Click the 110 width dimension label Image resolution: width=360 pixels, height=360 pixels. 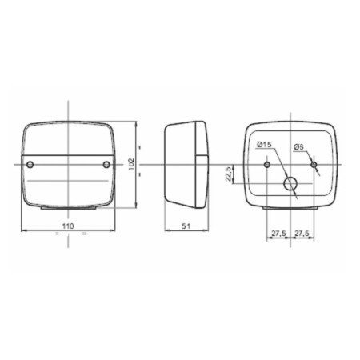68,226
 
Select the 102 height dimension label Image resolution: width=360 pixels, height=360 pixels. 132,165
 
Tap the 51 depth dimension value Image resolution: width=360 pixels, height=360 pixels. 186,226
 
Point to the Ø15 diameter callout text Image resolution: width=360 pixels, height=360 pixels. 264,145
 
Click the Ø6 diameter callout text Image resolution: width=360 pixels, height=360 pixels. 298,147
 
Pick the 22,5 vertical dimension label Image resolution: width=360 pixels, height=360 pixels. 228,174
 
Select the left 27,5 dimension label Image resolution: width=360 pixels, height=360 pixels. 278,234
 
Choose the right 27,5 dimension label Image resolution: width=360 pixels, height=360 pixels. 302,234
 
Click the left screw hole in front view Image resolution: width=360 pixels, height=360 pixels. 30,165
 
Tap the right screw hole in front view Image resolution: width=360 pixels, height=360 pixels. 106,165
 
